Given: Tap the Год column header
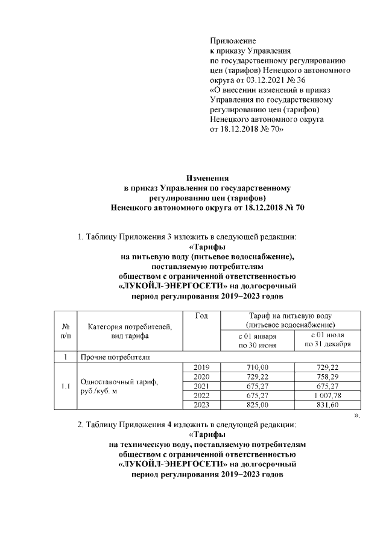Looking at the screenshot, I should pos(202,317).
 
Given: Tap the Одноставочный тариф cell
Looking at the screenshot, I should pos(118,386).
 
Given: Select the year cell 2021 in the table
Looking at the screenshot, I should pos(202,386).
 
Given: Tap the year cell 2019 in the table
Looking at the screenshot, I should pos(202,367).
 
